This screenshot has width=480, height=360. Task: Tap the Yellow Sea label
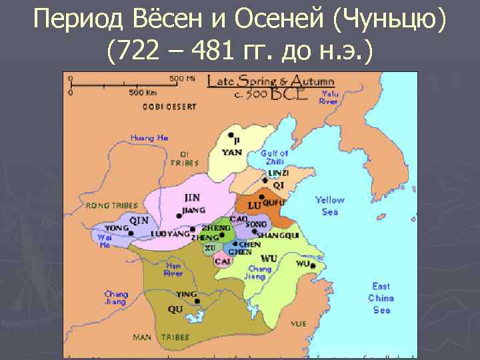[330, 205]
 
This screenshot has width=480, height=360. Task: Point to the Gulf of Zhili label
[275, 157]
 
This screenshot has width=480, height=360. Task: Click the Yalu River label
[329, 98]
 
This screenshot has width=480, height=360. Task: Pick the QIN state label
[139, 220]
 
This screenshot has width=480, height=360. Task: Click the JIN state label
[191, 199]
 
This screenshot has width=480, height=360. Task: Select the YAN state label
[233, 152]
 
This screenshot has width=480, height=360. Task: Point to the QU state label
[175, 309]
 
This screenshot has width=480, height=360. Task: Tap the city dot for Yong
[131, 233]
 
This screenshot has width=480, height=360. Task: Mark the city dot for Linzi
[265, 180]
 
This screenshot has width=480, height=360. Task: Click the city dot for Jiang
[178, 215]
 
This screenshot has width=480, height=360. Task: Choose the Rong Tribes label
[111, 205]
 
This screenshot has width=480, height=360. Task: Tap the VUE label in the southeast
[299, 323]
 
